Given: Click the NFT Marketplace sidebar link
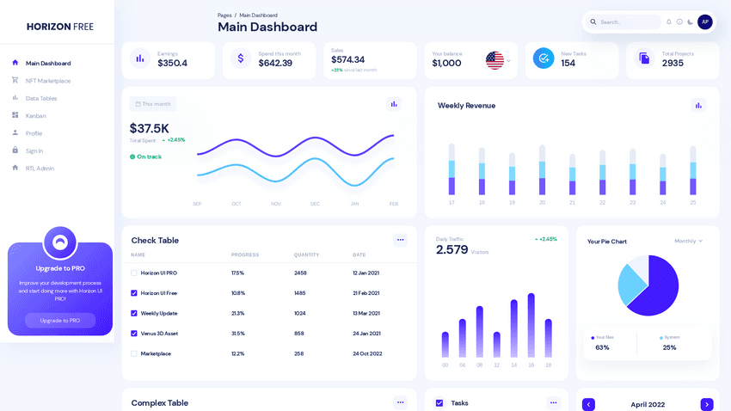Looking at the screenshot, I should click(47, 81).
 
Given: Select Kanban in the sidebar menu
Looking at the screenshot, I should click(35, 116).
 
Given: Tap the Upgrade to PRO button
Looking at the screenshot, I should click(60, 320).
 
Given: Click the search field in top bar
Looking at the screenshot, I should click(628, 21).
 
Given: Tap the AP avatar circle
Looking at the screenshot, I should click(704, 21).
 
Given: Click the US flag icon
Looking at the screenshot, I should click(494, 60).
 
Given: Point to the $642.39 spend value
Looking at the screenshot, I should click(275, 64).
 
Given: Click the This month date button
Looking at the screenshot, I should click(153, 104).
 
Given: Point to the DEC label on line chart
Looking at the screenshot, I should click(315, 204).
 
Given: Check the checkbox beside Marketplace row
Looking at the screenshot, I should click(134, 353).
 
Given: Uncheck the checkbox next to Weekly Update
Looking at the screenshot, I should click(134, 313).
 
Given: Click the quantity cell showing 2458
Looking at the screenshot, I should click(300, 273).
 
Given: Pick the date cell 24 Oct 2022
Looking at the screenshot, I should click(367, 353).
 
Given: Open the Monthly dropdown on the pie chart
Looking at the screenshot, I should click(688, 241).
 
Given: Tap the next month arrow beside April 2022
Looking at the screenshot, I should click(706, 404).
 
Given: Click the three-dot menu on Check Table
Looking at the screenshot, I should click(400, 240).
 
